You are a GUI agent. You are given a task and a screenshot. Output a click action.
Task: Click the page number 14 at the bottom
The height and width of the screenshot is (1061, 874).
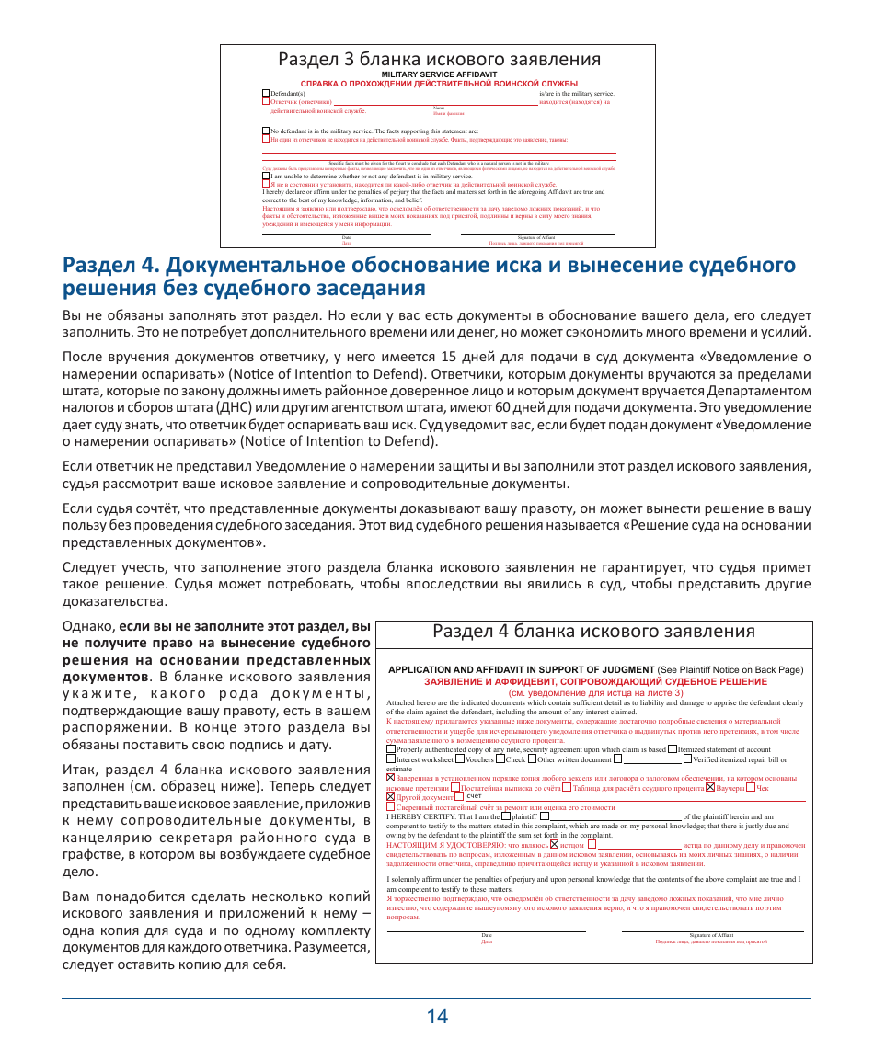[437, 1016]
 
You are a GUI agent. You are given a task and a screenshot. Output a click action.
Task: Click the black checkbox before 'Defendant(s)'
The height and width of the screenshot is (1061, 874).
[266, 94]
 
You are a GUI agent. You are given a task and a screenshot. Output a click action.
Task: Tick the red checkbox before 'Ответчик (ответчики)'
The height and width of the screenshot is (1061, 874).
[266, 102]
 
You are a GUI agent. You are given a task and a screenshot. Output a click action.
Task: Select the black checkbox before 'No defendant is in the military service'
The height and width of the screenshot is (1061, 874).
[266, 131]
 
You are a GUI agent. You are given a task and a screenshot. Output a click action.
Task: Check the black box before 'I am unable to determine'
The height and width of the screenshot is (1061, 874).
[266, 176]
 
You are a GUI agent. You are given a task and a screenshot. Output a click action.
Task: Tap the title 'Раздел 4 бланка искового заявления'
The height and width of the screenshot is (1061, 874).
[593, 631]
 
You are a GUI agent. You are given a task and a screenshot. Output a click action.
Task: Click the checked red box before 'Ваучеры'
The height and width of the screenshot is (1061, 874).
[710, 788]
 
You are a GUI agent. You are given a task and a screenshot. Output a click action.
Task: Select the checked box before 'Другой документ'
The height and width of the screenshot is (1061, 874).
[390, 796]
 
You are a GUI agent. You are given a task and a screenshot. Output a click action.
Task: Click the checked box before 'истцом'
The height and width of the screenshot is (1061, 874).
[554, 844]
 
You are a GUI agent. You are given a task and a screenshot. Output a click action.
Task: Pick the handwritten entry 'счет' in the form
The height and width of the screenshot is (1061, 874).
[476, 796]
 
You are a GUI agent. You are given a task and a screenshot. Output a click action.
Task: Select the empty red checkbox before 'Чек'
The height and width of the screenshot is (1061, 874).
[751, 788]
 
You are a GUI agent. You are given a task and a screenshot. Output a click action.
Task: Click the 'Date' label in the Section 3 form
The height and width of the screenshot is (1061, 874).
[347, 237]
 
